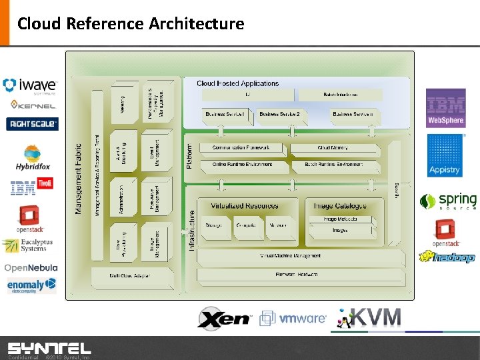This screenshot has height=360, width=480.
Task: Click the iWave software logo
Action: point(30,86)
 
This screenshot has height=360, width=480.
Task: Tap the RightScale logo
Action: point(32,123)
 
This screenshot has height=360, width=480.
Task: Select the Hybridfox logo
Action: point(31,158)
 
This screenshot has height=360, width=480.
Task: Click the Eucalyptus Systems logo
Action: point(27,246)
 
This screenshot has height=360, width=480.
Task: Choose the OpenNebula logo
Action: point(31,267)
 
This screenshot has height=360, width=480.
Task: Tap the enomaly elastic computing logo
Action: point(31,285)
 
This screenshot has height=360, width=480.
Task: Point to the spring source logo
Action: point(448,201)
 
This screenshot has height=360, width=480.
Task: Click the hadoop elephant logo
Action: point(447,257)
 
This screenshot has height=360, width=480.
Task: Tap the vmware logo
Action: point(293,318)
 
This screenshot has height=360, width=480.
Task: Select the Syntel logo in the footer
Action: point(49,348)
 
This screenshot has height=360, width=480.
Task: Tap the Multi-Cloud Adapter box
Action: point(129,275)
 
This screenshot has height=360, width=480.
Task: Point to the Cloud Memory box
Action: point(333,147)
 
